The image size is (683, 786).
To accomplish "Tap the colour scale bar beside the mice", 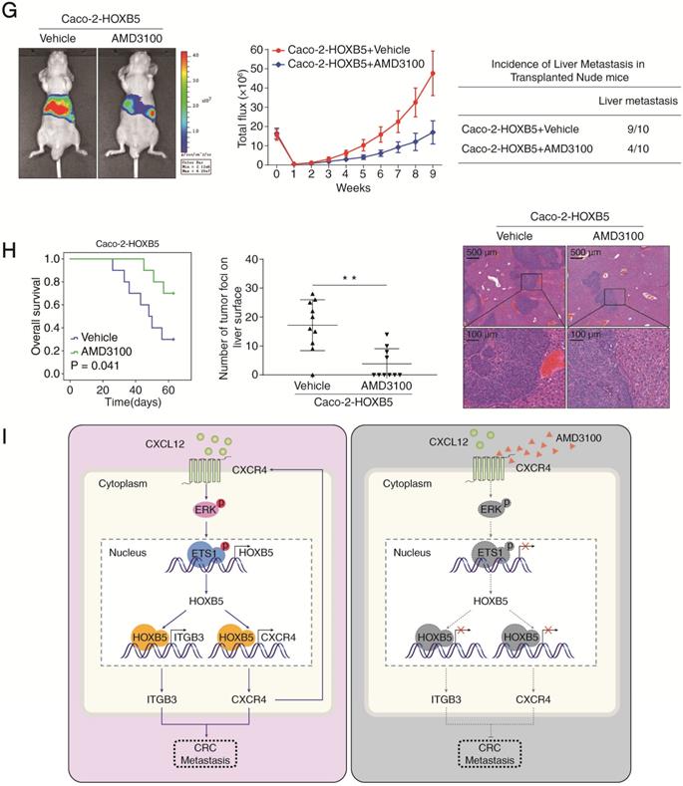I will pos(186,95).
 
